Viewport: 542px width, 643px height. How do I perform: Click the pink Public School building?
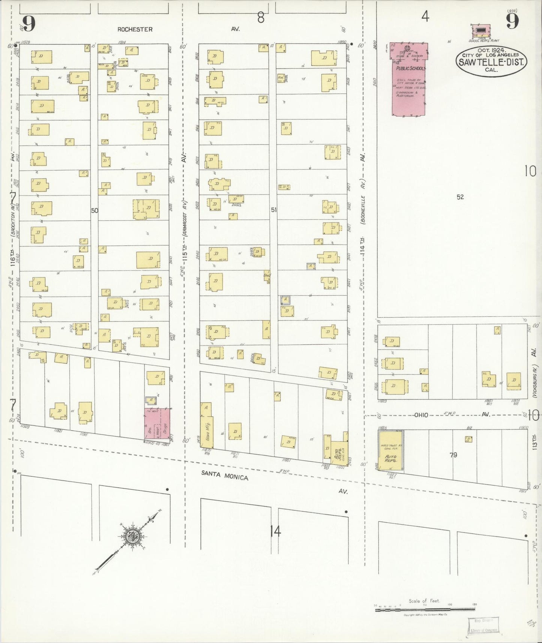click(408, 81)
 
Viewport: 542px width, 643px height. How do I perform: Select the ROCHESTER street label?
click(135, 29)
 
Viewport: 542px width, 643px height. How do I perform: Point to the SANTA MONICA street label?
click(225, 475)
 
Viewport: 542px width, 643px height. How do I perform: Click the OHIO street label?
click(421, 415)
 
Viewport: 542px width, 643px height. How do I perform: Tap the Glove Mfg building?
click(207, 430)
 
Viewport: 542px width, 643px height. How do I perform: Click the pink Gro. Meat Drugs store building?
click(157, 424)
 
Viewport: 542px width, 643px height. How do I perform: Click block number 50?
click(95, 210)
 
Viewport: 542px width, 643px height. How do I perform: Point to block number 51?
click(274, 210)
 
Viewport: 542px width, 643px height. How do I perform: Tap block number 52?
click(460, 197)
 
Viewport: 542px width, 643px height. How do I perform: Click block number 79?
click(453, 455)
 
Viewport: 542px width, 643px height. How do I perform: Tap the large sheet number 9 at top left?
click(29, 24)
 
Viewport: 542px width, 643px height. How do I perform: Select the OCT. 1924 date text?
click(491, 50)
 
